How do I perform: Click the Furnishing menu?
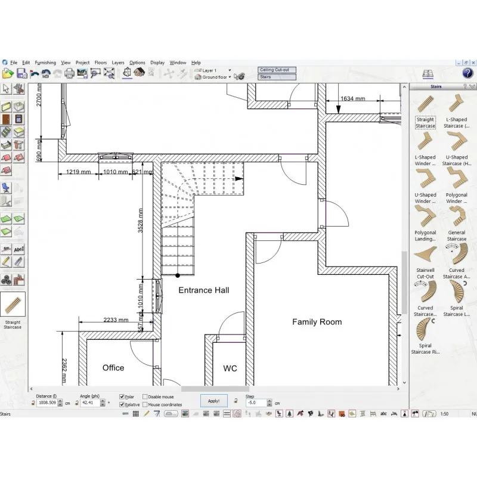(45, 63)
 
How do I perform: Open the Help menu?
(196, 63)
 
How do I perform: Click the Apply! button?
(213, 401)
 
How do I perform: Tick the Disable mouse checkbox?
(145, 397)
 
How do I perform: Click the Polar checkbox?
(122, 397)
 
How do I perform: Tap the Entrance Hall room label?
(204, 290)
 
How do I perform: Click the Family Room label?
(317, 322)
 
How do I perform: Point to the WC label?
(230, 368)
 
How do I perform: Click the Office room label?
(113, 368)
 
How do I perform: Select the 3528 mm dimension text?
(141, 221)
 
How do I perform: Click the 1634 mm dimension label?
(352, 99)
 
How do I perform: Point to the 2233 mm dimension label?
(116, 320)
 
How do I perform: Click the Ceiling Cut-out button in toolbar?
(274, 70)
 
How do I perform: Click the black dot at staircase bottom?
(178, 275)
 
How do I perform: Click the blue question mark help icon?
(467, 73)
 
